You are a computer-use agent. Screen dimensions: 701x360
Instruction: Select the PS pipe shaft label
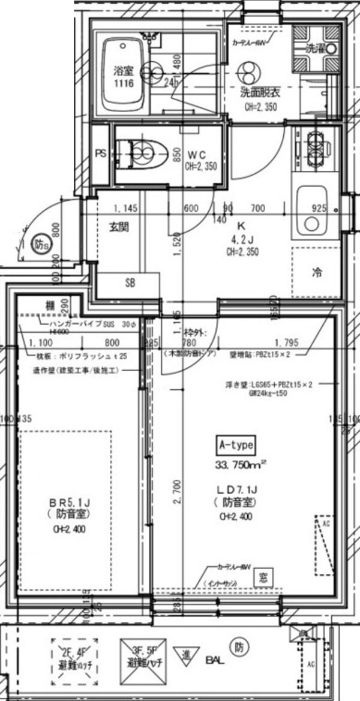pyautogui.click(x=100, y=153)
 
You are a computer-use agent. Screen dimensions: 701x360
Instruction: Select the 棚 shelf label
pyautogui.click(x=50, y=305)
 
